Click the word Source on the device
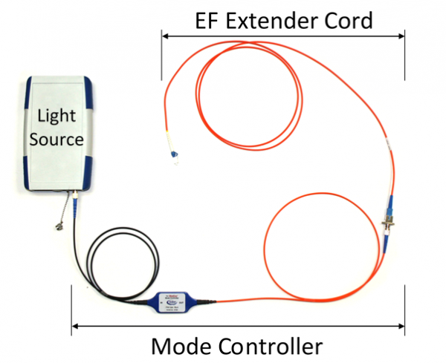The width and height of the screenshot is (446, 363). coord(57,139)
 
